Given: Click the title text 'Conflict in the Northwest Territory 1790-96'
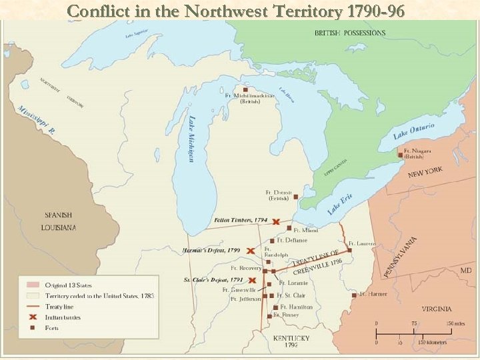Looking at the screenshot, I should (x=236, y=11).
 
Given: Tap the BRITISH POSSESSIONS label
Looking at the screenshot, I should (x=350, y=33).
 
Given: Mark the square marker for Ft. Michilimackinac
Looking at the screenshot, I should (x=246, y=89).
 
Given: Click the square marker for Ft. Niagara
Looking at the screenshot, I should (x=401, y=155).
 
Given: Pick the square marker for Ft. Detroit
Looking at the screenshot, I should (x=296, y=197).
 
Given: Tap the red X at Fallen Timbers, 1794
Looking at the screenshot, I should (x=276, y=221).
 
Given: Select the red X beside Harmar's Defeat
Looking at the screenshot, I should (x=249, y=251).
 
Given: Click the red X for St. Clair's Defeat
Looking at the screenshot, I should (x=253, y=281).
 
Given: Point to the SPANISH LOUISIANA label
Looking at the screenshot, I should (x=60, y=221).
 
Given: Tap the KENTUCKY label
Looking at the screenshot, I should (x=291, y=339).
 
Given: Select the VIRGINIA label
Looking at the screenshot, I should (x=436, y=309).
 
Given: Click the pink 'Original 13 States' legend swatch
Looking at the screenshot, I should (x=33, y=285).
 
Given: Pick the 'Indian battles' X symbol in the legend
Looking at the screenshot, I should (x=33, y=317).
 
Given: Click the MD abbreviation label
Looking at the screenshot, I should (x=466, y=271).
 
